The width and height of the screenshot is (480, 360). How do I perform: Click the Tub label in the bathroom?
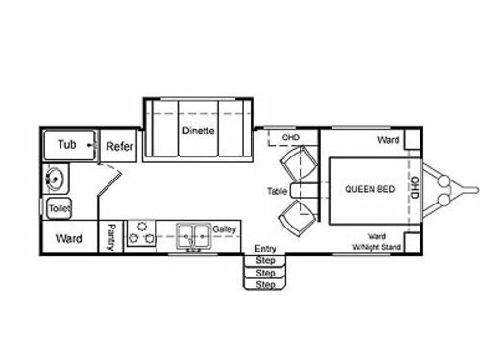pos(66,145)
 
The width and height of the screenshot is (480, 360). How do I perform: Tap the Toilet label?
pos(60,207)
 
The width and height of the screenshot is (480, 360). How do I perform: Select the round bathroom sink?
pos(57,179)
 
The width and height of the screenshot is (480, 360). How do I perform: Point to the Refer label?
pos(118,146)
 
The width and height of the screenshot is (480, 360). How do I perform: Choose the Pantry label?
pos(113,236)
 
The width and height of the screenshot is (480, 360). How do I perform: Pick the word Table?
pos(277,191)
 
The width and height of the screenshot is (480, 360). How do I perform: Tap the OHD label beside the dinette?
pos(291,137)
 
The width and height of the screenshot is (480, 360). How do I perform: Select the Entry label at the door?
pos(266,249)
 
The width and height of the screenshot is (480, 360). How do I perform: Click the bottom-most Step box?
pos(266,284)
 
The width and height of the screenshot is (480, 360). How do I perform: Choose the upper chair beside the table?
pos(300,165)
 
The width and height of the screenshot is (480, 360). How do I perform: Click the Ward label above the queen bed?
pos(389,139)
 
